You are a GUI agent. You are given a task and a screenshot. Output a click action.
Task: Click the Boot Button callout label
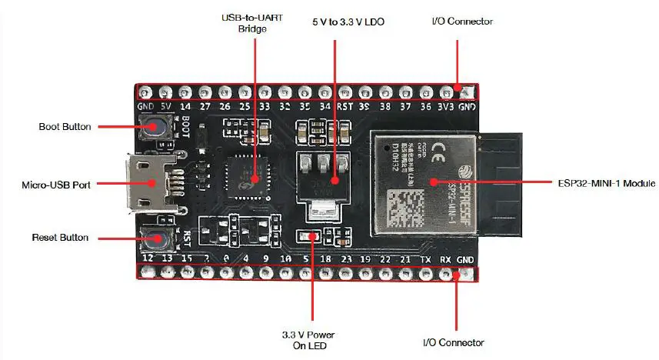(65, 126)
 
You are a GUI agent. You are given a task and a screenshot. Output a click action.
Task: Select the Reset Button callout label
(60, 238)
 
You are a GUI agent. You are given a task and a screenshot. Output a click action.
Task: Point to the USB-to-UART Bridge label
(251, 23)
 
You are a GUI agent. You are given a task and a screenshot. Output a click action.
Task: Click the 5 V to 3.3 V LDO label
(348, 22)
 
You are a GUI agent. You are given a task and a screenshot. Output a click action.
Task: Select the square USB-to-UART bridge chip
(248, 176)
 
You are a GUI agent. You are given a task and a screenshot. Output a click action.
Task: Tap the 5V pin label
(165, 107)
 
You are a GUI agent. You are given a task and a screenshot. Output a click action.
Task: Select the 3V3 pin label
(445, 107)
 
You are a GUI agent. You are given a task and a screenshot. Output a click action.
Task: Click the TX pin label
(426, 259)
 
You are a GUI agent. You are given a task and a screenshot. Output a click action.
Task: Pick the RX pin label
(445, 259)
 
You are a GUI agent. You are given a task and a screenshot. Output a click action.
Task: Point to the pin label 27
(205, 107)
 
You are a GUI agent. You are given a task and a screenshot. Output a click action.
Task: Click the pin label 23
(346, 259)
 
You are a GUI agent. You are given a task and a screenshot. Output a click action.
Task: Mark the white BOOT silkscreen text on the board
(185, 125)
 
